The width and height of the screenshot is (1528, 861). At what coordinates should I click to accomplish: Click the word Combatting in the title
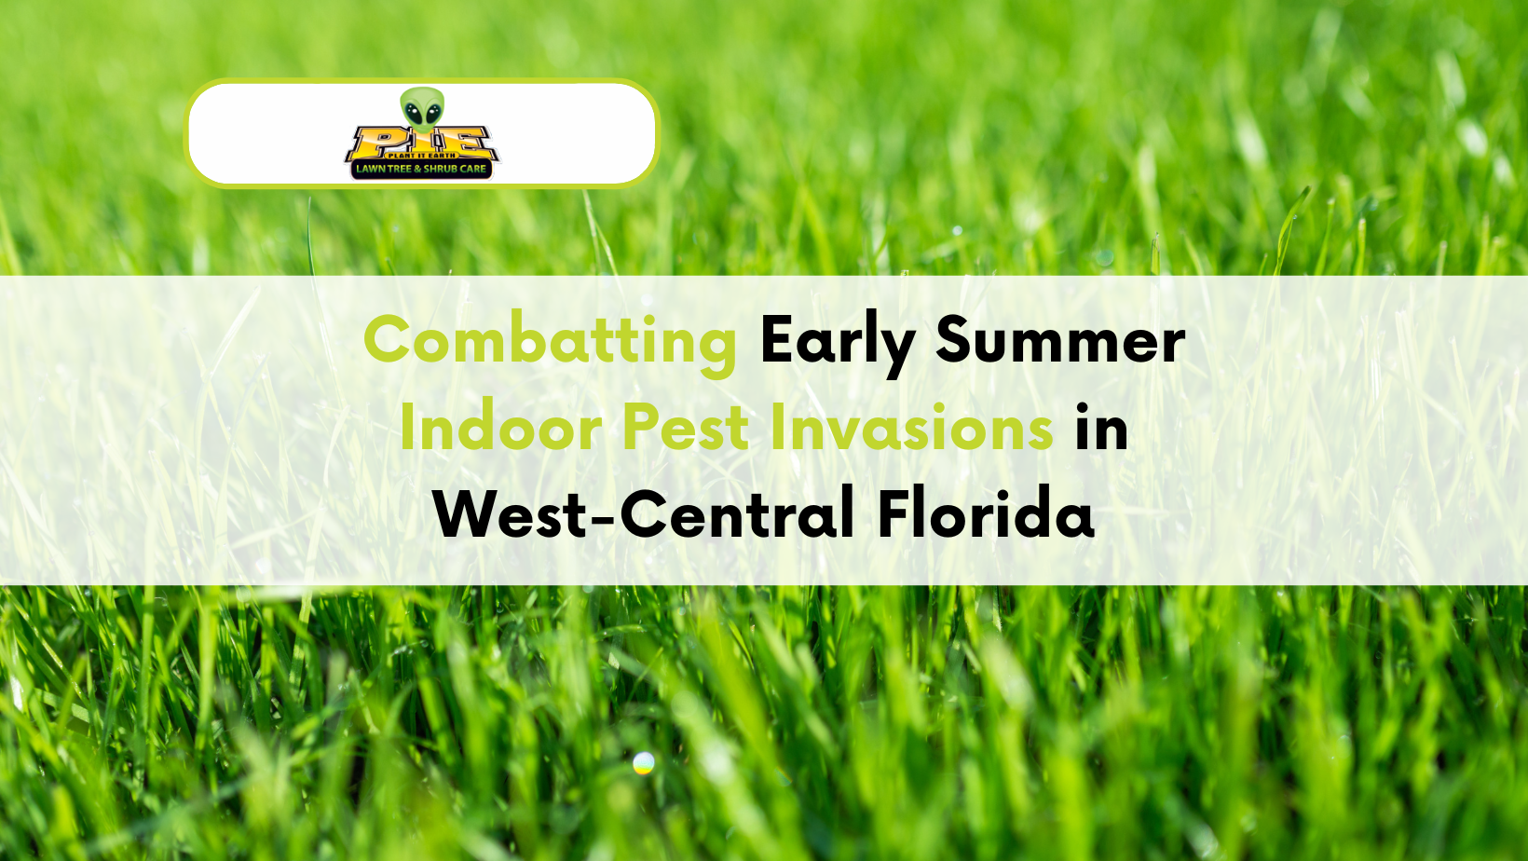click(550, 341)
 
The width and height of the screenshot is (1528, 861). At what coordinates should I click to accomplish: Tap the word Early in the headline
click(837, 341)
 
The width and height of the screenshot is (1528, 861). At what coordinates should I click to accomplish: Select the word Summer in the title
click(1060, 341)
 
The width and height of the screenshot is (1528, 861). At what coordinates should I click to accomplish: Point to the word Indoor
click(500, 429)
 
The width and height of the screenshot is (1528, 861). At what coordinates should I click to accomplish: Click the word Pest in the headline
click(685, 429)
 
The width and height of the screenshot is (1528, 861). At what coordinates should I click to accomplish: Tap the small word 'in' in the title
click(1101, 429)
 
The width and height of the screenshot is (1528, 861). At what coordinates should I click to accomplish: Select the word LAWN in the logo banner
click(370, 170)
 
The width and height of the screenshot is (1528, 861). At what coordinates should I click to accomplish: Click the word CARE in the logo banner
click(472, 170)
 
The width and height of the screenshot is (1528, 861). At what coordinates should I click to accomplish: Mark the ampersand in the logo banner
click(417, 170)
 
